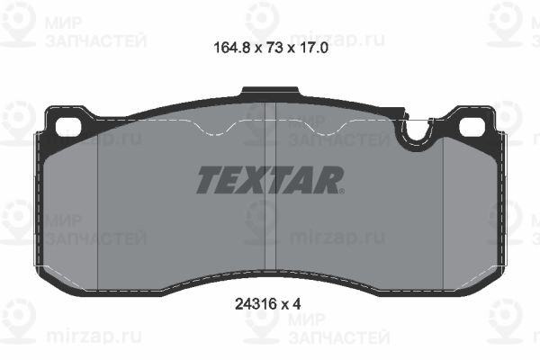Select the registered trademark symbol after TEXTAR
pyautogui.click(x=341, y=190)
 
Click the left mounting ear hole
pyautogui.click(x=67, y=125)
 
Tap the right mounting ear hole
pyautogui.click(x=471, y=125)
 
